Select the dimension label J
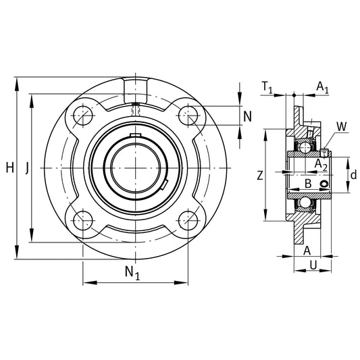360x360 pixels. click(x=26, y=167)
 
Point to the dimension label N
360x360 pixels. click(x=247, y=115)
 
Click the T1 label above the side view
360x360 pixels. click(x=267, y=86)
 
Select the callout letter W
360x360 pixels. click(x=340, y=126)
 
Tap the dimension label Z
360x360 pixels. click(x=260, y=176)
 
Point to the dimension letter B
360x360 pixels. click(x=307, y=183)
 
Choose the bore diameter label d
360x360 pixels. click(x=353, y=175)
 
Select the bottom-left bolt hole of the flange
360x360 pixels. click(x=83, y=220)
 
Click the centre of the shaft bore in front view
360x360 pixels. click(x=136, y=167)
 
